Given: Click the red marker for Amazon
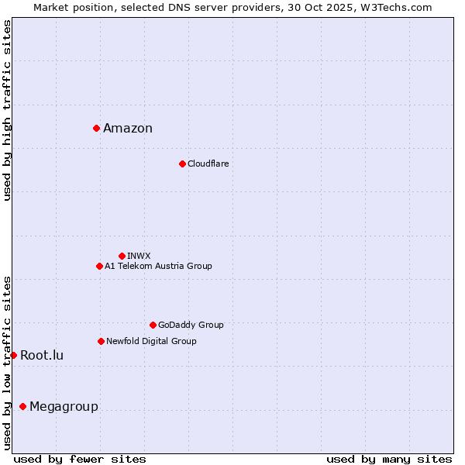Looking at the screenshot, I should pyautogui.click(x=96, y=128).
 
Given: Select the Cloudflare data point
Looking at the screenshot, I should pyautogui.click(x=182, y=164).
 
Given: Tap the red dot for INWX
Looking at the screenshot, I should pyautogui.click(x=122, y=256).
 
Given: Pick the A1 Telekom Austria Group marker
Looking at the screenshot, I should pyautogui.click(x=99, y=266).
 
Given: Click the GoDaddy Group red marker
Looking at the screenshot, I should pyautogui.click(x=153, y=325).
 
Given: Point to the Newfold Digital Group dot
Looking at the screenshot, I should pyautogui.click(x=101, y=341).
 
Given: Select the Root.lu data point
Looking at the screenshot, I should pyautogui.click(x=13, y=355).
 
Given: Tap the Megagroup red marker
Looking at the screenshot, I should pyautogui.click(x=22, y=406).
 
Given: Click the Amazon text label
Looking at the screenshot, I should pyautogui.click(x=128, y=129).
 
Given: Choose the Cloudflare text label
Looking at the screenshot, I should pyautogui.click(x=208, y=164).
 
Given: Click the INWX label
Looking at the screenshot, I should pyautogui.click(x=139, y=256).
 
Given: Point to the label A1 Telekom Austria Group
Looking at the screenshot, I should pyautogui.click(x=158, y=266).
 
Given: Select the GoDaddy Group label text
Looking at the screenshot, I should pyautogui.click(x=191, y=325).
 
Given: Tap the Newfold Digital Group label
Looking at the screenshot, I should pyautogui.click(x=151, y=341).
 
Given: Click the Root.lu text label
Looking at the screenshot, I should pyautogui.click(x=42, y=356).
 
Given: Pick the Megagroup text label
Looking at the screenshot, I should pyautogui.click(x=64, y=407).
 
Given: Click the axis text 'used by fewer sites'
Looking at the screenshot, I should pyautogui.click(x=80, y=459).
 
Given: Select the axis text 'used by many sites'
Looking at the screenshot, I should pyautogui.click(x=389, y=459).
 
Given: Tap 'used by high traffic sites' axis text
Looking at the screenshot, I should pyautogui.click(x=7, y=110).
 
